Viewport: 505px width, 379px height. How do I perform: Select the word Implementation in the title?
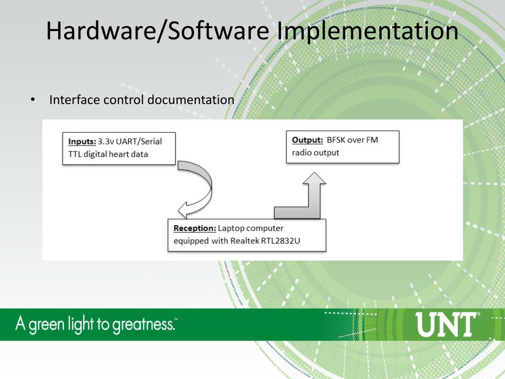click(367, 31)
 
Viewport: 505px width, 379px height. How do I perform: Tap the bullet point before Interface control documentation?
click(32, 100)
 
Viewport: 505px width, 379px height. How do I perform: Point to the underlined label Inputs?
click(82, 141)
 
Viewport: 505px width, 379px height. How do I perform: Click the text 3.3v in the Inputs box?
click(106, 141)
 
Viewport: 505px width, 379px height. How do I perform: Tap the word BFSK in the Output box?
click(336, 140)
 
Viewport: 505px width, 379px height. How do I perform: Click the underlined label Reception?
click(195, 228)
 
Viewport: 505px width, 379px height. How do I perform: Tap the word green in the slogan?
click(45, 325)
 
